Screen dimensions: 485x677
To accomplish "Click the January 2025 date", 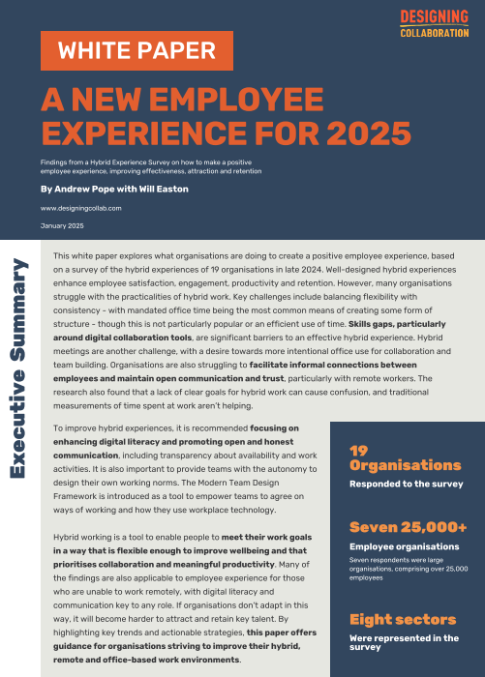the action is coord(62,225).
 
